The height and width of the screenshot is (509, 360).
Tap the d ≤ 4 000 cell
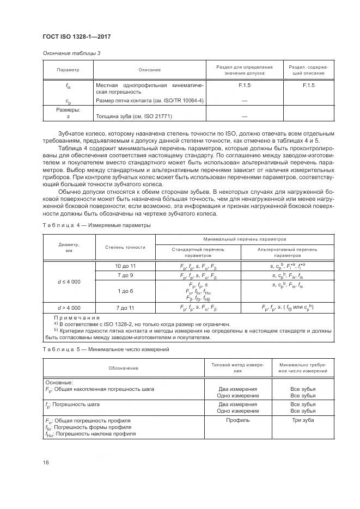click(x=69, y=281)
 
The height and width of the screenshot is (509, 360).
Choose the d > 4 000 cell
click(x=69, y=308)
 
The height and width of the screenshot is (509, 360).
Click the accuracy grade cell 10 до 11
click(x=125, y=266)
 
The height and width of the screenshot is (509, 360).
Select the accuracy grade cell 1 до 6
click(x=125, y=291)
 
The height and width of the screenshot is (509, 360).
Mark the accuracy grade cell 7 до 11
click(x=125, y=308)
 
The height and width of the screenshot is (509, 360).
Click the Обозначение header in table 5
click(x=123, y=368)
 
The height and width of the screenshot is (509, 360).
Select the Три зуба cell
click(x=303, y=421)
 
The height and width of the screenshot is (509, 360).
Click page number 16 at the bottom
click(x=45, y=463)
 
